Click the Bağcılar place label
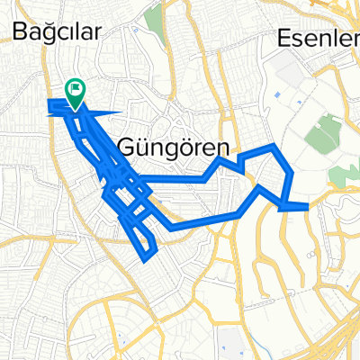point(57,32)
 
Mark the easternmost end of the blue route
point(308,206)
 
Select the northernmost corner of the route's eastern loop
point(273,146)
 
